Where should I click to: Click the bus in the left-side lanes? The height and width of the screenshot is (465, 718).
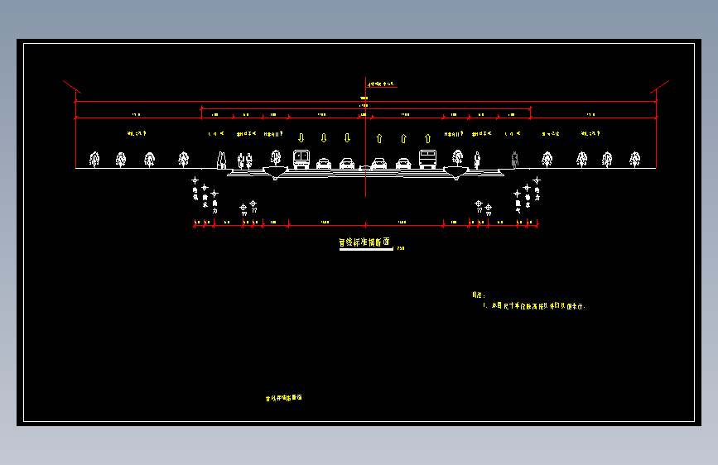click(x=301, y=159)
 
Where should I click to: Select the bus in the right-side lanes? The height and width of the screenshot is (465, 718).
click(x=427, y=159)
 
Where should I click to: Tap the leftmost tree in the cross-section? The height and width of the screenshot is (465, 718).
click(x=94, y=160)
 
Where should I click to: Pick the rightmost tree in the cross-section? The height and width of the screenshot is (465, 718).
click(x=634, y=159)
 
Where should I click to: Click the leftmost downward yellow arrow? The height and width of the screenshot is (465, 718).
click(x=301, y=137)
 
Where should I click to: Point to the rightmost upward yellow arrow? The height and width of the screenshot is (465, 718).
click(x=427, y=138)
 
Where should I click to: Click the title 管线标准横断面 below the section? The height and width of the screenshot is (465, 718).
click(x=364, y=243)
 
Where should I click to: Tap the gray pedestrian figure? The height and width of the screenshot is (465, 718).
click(x=515, y=159)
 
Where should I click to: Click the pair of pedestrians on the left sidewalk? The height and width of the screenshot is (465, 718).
click(x=244, y=160)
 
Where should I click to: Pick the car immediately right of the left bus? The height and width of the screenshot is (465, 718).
click(x=324, y=163)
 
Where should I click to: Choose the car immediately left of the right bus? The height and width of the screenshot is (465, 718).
click(x=403, y=163)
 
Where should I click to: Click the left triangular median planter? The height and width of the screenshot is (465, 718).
click(x=274, y=172)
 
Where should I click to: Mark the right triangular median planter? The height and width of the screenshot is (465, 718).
click(x=455, y=172)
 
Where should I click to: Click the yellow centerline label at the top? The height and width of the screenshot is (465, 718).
click(x=383, y=84)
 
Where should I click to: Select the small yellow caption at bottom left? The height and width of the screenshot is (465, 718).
click(x=283, y=398)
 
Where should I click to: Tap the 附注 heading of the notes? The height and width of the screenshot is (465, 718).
click(x=478, y=295)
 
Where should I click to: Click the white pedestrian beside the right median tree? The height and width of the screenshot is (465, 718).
click(x=477, y=158)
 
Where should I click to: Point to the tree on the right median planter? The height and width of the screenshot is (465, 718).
click(x=457, y=157)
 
